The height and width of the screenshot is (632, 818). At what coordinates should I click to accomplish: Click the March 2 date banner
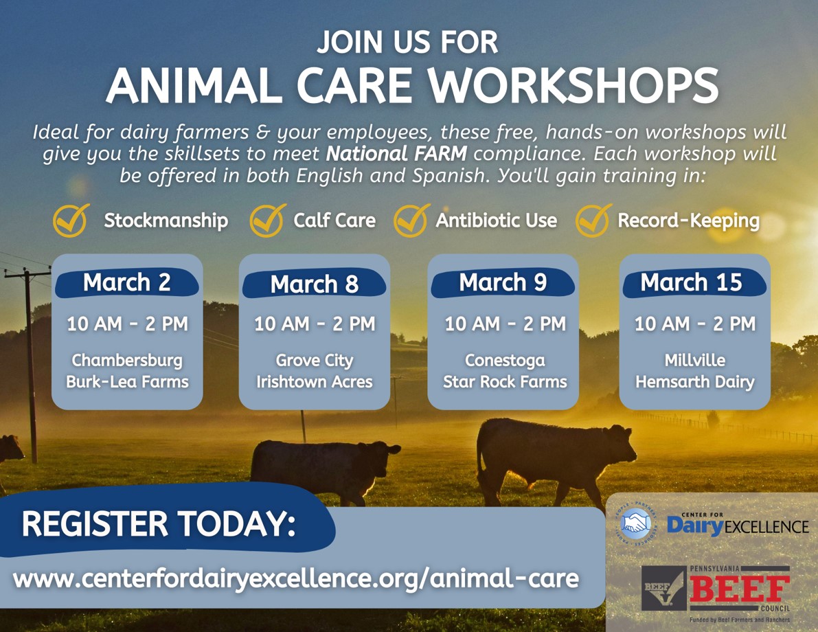point(127,283)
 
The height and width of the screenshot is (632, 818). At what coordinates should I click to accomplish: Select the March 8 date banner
point(314,284)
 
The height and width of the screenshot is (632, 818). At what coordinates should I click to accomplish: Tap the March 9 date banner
point(503,283)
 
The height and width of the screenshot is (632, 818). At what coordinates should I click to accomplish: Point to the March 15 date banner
point(694,283)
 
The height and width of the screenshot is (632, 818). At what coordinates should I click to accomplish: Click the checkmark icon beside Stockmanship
point(71,221)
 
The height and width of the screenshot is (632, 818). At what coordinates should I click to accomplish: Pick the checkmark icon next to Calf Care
point(267,221)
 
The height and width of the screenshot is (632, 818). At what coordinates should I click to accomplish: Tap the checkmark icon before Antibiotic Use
point(411,221)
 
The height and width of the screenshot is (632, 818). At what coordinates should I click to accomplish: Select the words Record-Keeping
point(689,221)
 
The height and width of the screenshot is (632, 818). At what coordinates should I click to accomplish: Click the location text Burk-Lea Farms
point(127,381)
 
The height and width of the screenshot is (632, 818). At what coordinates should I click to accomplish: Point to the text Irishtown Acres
point(315,381)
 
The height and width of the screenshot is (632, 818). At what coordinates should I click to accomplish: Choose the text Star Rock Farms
point(505,381)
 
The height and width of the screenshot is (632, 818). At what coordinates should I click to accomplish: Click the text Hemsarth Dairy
point(695,382)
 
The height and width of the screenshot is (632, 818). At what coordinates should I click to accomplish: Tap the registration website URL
point(296,578)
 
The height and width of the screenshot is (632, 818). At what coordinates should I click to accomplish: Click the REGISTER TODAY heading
point(159,523)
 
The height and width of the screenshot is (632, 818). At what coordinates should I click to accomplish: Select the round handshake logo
point(635,524)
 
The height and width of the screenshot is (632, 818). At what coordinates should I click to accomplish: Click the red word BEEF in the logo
point(740,589)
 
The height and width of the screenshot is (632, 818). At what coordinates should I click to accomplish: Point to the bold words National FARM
point(396,153)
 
